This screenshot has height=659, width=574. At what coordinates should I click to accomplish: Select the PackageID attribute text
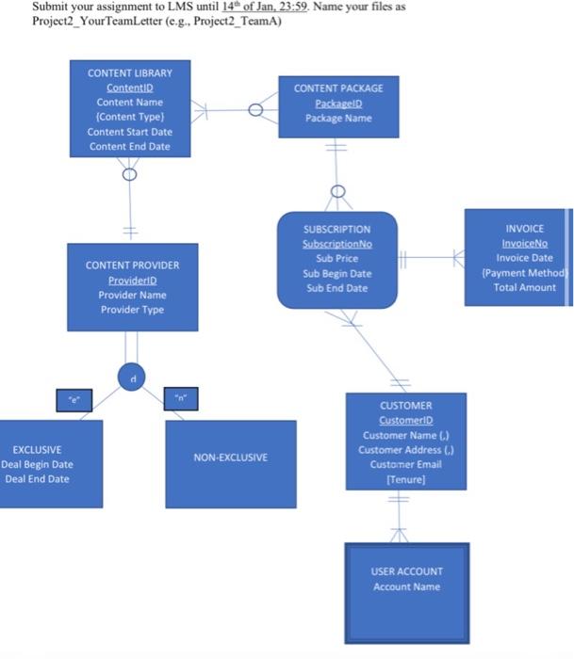tap(338, 103)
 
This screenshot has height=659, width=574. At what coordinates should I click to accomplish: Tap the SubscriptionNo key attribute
tap(337, 244)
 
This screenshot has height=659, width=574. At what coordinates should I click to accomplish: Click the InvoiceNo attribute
tap(524, 243)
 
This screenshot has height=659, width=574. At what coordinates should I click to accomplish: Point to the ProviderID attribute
tap(132, 281)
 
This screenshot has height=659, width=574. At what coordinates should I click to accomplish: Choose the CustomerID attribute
tap(405, 420)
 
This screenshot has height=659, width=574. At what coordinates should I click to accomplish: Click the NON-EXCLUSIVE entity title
tap(230, 458)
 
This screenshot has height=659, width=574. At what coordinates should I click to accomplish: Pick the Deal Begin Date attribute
tap(38, 464)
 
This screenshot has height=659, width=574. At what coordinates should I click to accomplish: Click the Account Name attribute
tap(406, 587)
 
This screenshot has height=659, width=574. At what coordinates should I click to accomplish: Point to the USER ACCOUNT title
tap(406, 571)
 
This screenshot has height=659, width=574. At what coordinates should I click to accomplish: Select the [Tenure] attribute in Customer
tap(405, 480)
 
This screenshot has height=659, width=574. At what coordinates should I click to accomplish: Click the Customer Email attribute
tap(405, 465)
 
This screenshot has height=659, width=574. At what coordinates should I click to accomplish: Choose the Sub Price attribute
tap(336, 258)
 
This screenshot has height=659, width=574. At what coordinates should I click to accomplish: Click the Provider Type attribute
tap(132, 310)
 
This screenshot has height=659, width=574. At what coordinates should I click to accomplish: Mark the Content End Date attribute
tap(130, 146)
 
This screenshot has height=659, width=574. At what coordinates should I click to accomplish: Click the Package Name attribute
tap(338, 118)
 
